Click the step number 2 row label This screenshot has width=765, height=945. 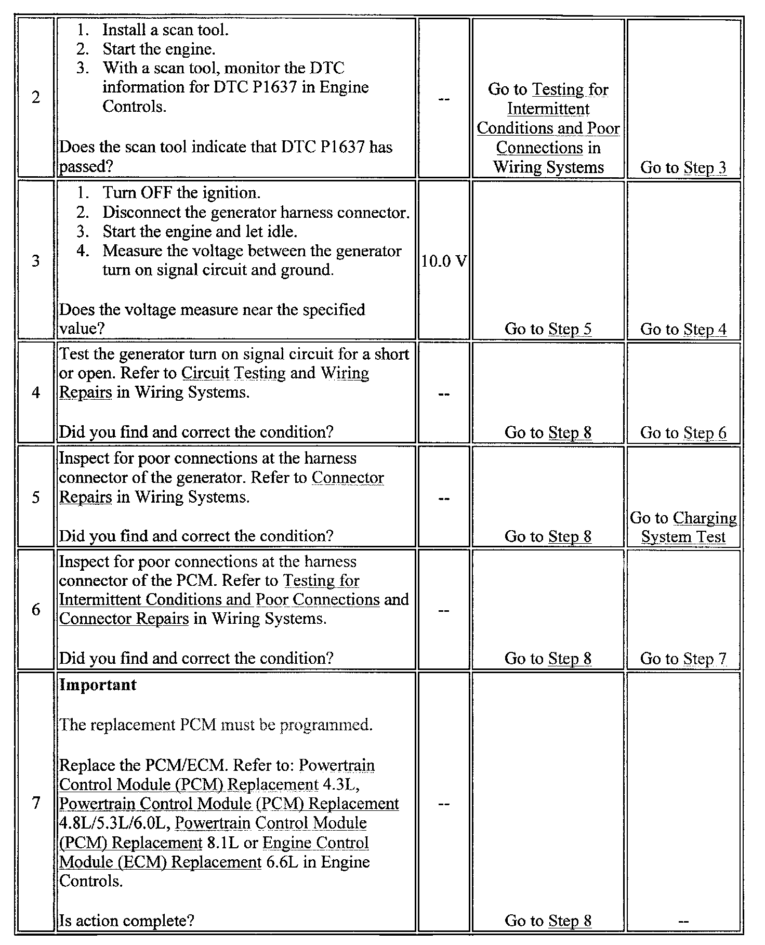click(35, 98)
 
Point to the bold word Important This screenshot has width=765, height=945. click(98, 685)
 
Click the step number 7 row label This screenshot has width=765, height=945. click(35, 803)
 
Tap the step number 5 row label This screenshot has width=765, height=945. click(35, 497)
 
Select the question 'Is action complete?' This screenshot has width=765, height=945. click(126, 921)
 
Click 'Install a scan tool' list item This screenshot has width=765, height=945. click(165, 30)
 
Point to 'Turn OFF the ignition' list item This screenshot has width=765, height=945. click(181, 193)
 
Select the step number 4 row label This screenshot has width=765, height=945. click(35, 392)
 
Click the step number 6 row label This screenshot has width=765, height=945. click(35, 609)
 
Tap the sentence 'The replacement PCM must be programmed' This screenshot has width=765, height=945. click(216, 725)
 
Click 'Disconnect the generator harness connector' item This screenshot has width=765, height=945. click(256, 212)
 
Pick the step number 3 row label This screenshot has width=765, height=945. click(35, 260)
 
